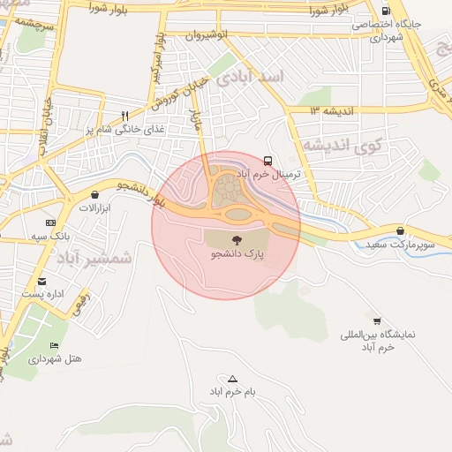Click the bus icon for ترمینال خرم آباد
267,161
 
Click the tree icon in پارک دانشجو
237,238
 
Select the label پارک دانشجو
237,253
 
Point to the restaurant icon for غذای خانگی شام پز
125,116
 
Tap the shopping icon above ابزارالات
94,195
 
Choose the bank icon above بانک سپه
50,222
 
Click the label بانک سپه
50,236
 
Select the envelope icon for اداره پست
41,281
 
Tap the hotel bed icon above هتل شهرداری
55,345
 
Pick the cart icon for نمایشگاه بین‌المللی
378,321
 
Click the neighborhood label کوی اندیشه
338,144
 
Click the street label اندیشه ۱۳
331,110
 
